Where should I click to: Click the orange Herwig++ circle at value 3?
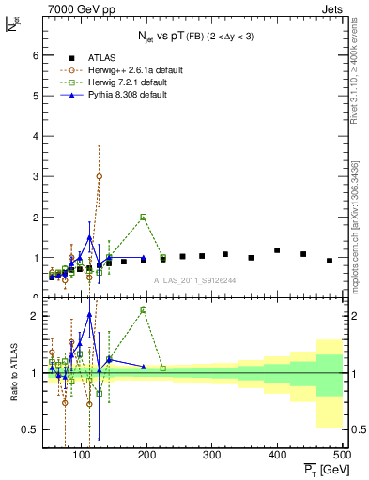point(100,176)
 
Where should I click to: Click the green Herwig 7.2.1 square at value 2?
point(144,217)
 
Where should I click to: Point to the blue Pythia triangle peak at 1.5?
point(90,237)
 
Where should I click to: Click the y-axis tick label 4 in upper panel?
point(34,136)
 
